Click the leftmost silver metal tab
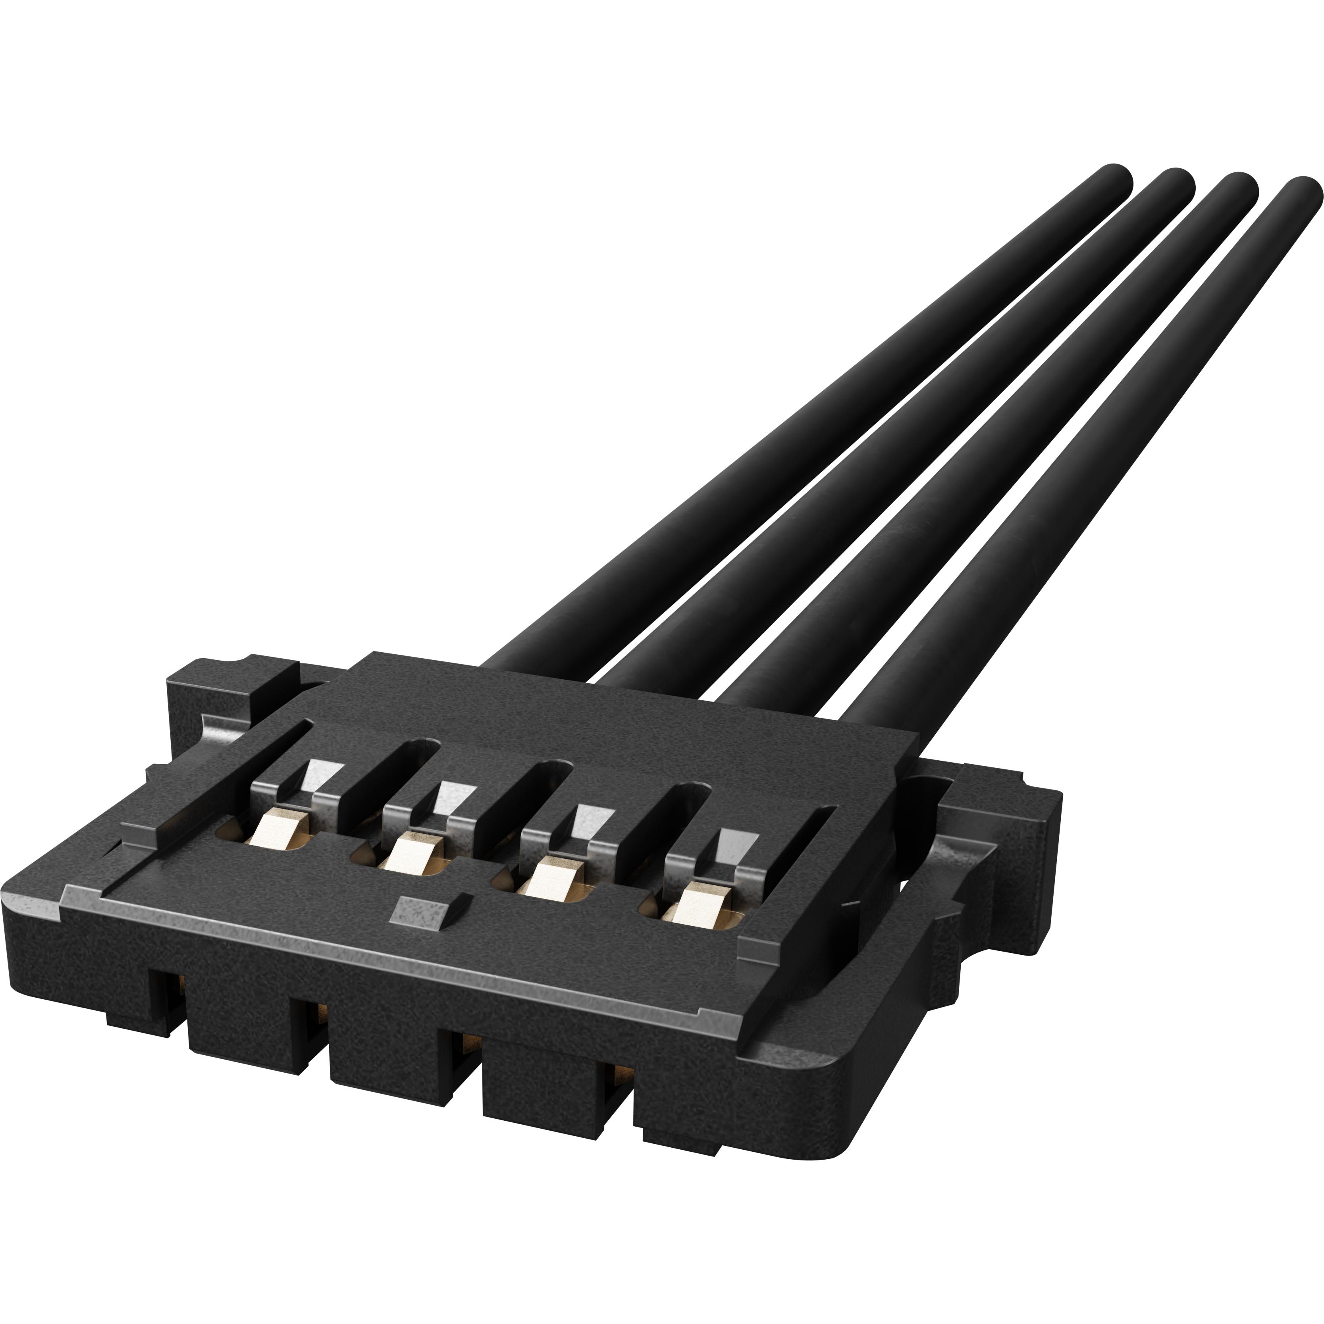321,775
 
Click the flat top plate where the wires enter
617,713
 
